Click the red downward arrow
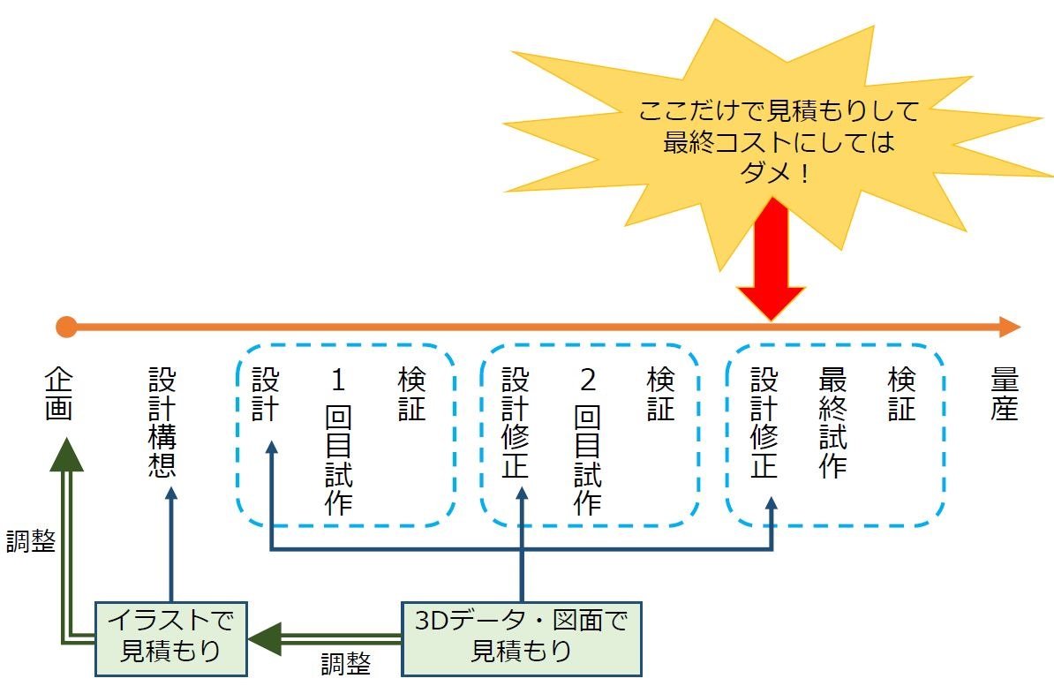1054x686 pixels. (771, 265)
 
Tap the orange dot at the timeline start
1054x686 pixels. (66, 328)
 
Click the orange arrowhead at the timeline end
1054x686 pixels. (1008, 328)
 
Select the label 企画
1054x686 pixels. (58, 396)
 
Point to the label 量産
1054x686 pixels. (1005, 396)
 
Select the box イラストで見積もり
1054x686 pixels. (170, 637)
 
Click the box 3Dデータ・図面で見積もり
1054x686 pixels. (521, 637)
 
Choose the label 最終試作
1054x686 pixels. (833, 423)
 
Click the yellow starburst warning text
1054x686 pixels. (778, 141)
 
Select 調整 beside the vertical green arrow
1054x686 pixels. (31, 540)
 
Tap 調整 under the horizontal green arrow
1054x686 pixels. (345, 664)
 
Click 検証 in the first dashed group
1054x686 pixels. (411, 395)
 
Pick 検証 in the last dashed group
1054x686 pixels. (901, 395)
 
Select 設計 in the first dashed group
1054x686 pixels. (265, 395)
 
